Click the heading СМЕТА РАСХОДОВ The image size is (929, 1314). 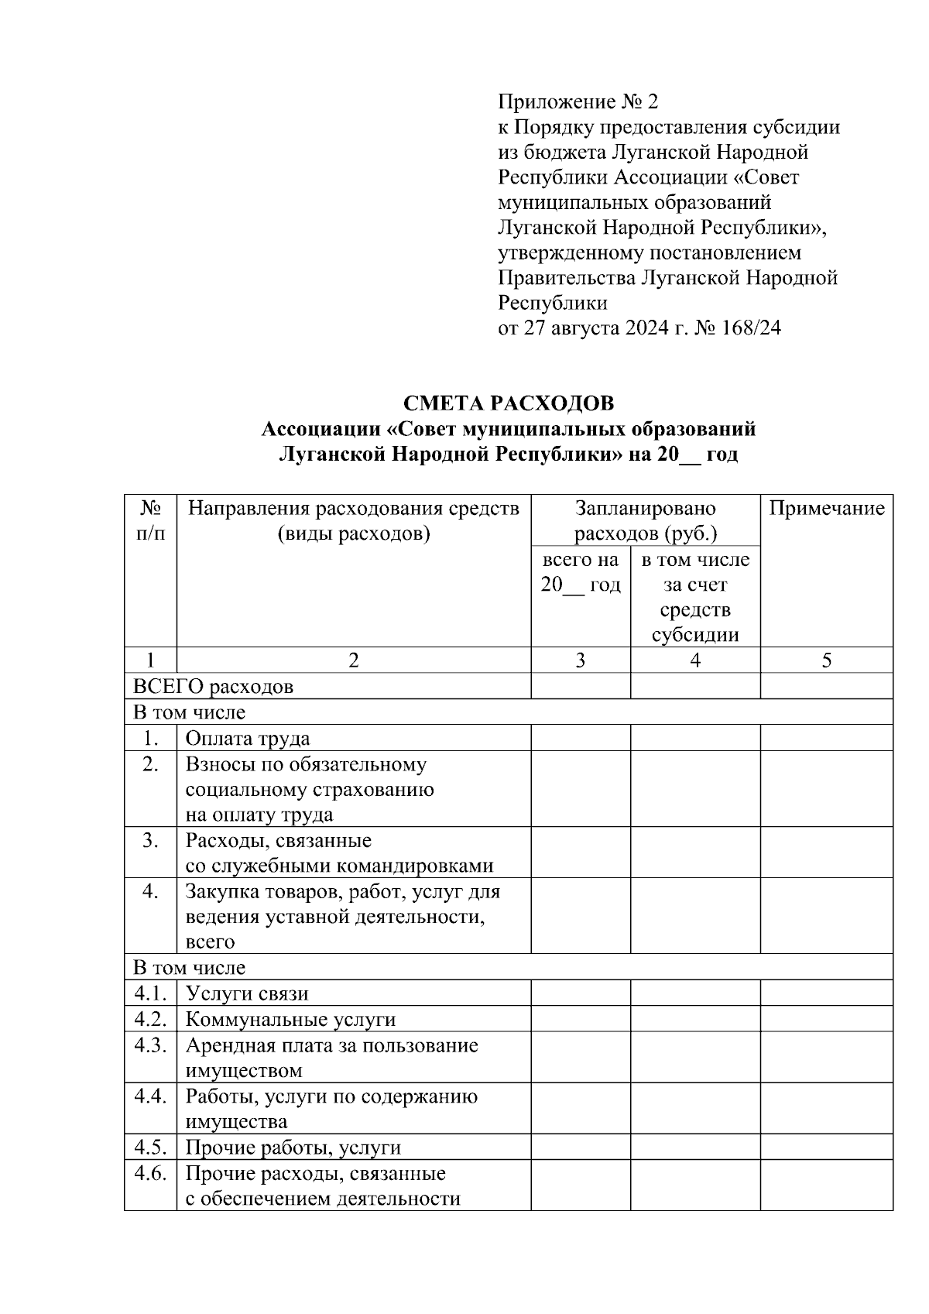click(509, 403)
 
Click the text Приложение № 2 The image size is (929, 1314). click(578, 102)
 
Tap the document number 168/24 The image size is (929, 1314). click(751, 328)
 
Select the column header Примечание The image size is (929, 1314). click(826, 509)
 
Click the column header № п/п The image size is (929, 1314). click(150, 520)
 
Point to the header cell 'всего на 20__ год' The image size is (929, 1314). click(580, 572)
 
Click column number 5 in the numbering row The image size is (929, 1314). click(826, 660)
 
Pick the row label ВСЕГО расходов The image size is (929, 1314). click(214, 687)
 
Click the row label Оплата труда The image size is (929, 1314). click(248, 739)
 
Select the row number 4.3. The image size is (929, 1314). click(150, 1045)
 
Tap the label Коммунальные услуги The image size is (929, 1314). click(290, 1020)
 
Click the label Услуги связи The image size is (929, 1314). click(247, 994)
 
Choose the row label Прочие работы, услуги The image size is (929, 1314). click(293, 1148)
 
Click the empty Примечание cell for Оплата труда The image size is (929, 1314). click(826, 738)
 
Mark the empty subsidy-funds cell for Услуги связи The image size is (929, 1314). click(695, 993)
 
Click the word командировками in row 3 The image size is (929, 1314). click(418, 866)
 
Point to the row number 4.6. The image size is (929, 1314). click(150, 1173)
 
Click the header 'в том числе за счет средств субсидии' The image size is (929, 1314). click(695, 597)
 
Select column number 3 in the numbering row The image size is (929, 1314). click(580, 660)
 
